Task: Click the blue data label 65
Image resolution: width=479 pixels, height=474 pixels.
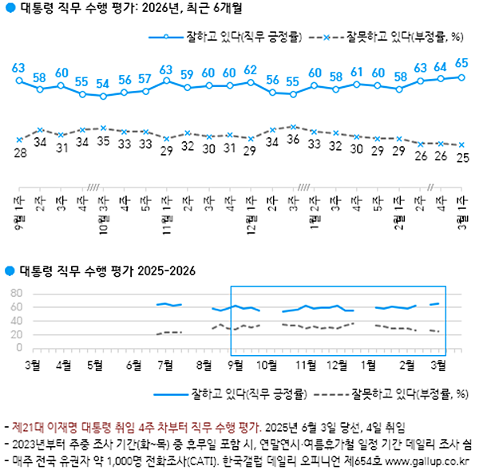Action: click(x=461, y=63)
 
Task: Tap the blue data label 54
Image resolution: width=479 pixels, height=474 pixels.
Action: click(x=103, y=83)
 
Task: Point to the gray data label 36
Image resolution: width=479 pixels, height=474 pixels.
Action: click(x=293, y=140)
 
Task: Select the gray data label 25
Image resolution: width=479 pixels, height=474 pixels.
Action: click(x=461, y=157)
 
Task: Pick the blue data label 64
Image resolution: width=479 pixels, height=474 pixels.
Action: click(x=441, y=66)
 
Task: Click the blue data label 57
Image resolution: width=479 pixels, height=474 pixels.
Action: click(x=145, y=79)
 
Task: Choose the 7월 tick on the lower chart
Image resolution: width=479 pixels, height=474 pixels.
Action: click(x=167, y=365)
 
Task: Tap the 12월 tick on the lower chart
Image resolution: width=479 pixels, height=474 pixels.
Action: click(x=337, y=365)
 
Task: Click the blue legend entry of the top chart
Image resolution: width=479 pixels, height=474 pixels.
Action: click(x=232, y=37)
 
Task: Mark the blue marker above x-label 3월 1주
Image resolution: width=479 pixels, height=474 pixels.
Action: click(x=461, y=77)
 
